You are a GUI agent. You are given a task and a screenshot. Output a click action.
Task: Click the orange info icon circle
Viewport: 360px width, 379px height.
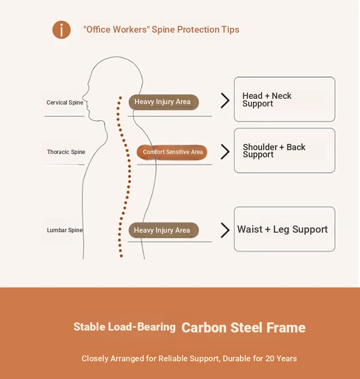click(61, 30)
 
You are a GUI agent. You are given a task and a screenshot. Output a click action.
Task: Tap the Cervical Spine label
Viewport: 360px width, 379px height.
click(65, 103)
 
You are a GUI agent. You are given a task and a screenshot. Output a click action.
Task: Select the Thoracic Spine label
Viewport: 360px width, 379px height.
click(66, 152)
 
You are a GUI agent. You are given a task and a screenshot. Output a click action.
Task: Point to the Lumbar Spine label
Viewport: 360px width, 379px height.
click(65, 230)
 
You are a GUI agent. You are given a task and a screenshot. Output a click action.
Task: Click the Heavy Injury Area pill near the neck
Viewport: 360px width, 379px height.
click(163, 102)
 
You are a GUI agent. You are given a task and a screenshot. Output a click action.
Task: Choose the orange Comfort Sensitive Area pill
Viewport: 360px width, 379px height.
click(172, 152)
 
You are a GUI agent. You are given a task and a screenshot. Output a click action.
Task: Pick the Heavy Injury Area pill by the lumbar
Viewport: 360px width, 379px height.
click(163, 230)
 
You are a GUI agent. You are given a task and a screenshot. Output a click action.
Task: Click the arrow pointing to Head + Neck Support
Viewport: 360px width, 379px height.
click(225, 100)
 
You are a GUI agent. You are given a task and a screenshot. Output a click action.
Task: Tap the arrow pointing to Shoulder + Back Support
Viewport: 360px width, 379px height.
click(225, 152)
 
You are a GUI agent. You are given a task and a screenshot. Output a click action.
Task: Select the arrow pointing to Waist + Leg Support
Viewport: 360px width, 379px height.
click(225, 230)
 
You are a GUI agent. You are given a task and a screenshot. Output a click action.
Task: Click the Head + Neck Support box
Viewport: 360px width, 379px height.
click(284, 99)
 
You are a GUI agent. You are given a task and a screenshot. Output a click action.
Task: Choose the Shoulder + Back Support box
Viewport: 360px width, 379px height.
click(284, 151)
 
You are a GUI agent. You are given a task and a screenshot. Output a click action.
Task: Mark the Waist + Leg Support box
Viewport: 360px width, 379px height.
click(284, 229)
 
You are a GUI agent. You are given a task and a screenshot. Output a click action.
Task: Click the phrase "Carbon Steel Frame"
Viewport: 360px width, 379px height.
click(243, 328)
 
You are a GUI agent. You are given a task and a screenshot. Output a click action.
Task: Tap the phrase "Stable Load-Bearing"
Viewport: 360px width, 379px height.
click(124, 327)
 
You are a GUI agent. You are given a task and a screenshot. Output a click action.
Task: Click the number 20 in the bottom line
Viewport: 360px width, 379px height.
click(270, 358)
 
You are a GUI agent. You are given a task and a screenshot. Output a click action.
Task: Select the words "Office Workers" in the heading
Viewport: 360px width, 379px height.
click(117, 30)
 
